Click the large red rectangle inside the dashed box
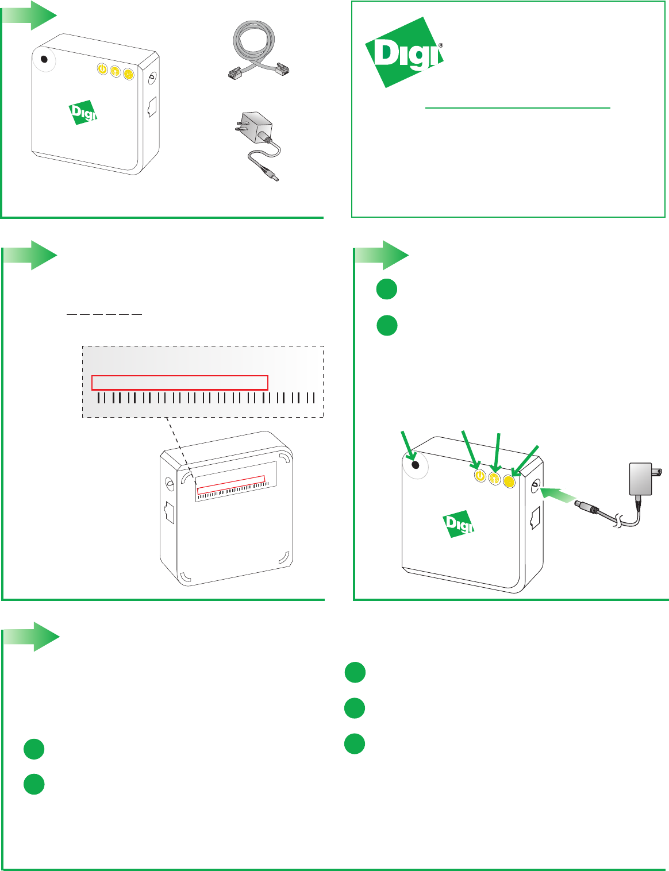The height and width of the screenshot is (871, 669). (x=180, y=382)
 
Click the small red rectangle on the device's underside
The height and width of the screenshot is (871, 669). (x=230, y=484)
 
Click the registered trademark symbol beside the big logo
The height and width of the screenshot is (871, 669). (x=440, y=45)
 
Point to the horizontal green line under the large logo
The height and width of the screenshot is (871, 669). (x=517, y=107)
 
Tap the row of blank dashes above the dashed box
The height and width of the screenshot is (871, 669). (x=104, y=314)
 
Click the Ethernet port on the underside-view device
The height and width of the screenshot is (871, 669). (x=169, y=511)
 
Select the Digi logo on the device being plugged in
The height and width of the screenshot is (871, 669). (x=458, y=523)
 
